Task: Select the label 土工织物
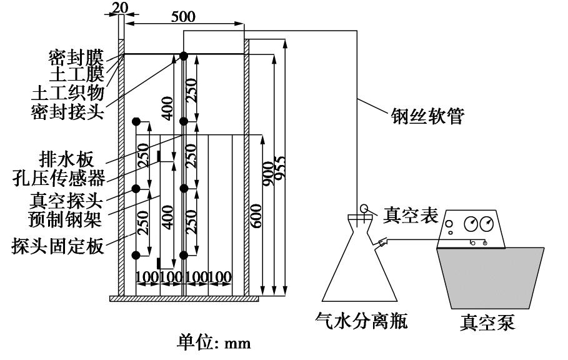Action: [67, 93]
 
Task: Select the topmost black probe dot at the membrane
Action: [184, 56]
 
